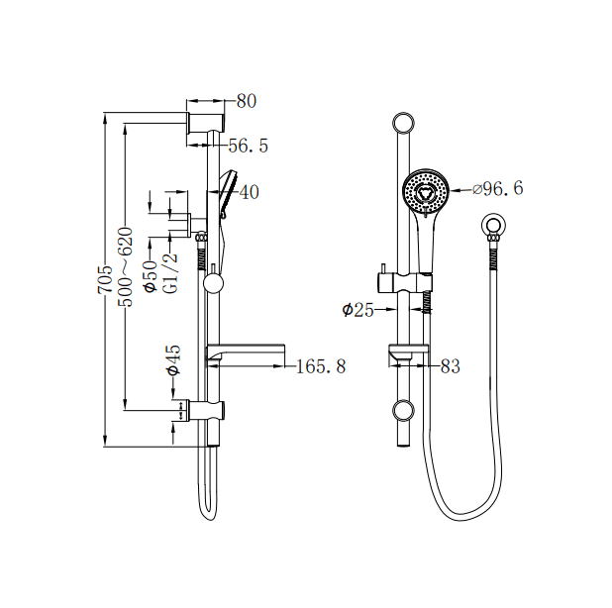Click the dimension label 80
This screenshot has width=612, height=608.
click(x=247, y=101)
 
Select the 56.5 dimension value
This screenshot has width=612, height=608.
click(x=249, y=146)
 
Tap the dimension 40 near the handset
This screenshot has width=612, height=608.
click(x=249, y=192)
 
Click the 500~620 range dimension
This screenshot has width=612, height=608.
click(x=125, y=266)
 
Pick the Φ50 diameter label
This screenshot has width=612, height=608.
click(x=150, y=274)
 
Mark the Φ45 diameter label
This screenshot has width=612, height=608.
click(x=172, y=359)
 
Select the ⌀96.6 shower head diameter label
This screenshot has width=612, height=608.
click(x=498, y=188)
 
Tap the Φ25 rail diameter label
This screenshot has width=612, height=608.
click(x=357, y=310)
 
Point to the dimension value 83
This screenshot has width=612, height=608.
click(x=451, y=367)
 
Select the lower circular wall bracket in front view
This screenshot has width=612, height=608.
click(x=403, y=410)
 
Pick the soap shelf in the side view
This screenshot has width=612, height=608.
click(x=246, y=352)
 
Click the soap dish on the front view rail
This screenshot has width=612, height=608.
click(x=407, y=353)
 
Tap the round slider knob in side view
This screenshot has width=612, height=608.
click(x=213, y=284)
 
